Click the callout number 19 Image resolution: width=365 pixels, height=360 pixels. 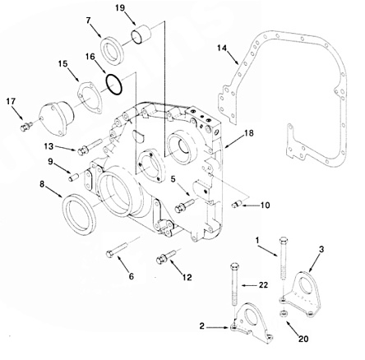click(x=120, y=7)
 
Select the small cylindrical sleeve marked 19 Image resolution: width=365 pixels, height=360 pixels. click(x=141, y=35)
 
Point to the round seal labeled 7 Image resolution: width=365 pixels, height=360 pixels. click(x=113, y=52)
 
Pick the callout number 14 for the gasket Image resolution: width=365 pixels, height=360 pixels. click(x=222, y=48)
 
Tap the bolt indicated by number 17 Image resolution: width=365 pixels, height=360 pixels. click(x=26, y=127)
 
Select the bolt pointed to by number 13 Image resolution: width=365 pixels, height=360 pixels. click(x=90, y=147)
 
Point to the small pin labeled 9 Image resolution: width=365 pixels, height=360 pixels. click(x=73, y=177)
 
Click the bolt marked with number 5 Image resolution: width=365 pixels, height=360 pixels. click(x=184, y=205)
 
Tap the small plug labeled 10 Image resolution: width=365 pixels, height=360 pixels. click(x=237, y=204)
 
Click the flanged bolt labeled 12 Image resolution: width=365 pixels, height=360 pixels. click(x=166, y=256)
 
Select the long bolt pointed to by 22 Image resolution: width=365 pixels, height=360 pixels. click(x=234, y=286)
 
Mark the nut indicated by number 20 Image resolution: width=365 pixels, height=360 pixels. click(x=284, y=314)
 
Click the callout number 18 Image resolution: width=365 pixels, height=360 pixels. click(x=248, y=133)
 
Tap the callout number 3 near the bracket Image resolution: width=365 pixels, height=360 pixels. click(x=321, y=249)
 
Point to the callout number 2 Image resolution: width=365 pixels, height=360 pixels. click(x=202, y=326)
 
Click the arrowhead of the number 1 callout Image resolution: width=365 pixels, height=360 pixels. click(x=277, y=255)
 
